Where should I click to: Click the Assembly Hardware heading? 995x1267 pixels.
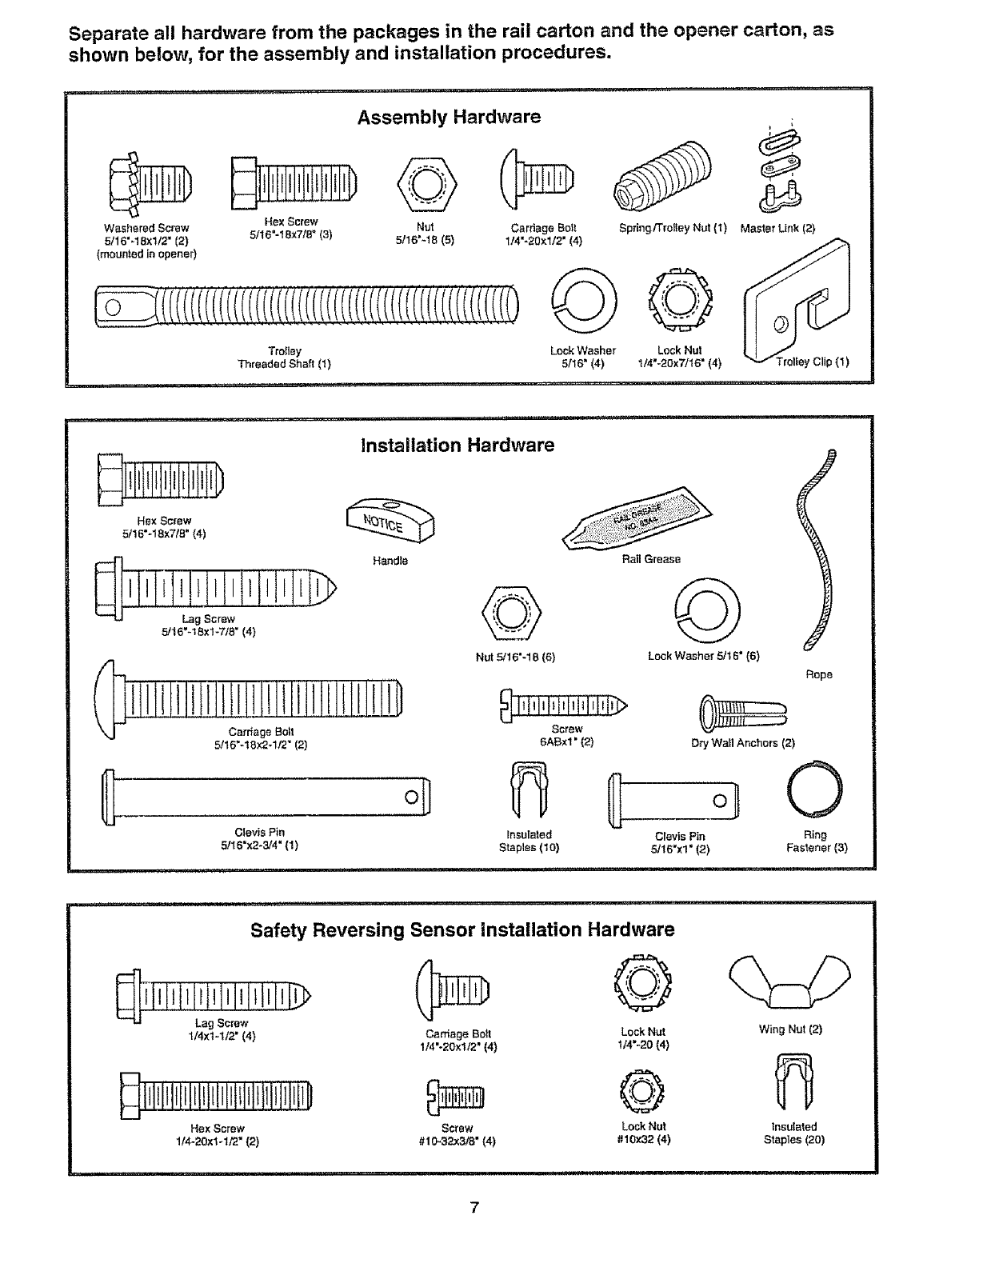click(x=449, y=118)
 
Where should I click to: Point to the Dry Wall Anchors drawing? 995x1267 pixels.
click(x=743, y=709)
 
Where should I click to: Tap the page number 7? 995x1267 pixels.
click(x=474, y=1208)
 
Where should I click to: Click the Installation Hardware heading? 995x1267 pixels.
click(x=457, y=446)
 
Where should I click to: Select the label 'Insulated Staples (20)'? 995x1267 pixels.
click(x=793, y=1133)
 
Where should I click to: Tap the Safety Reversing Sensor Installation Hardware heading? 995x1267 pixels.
click(x=462, y=929)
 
